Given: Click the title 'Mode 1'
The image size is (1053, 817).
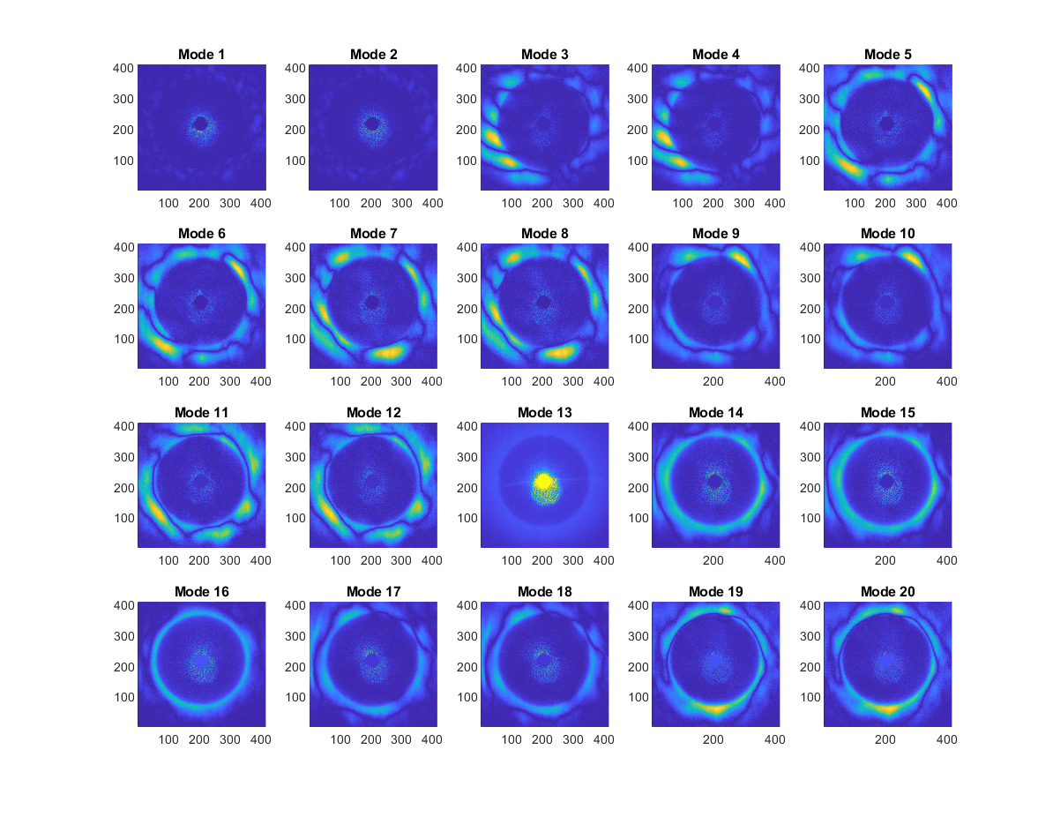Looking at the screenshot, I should (x=202, y=55).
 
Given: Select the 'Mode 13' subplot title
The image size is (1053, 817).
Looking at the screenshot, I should (x=545, y=413).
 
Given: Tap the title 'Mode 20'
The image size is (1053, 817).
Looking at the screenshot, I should (x=888, y=591).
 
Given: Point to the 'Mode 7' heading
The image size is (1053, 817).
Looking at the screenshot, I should (x=374, y=234).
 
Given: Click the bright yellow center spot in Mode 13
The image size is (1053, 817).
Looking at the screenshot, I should (x=544, y=482).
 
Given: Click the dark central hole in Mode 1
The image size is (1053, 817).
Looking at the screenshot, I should (x=201, y=124).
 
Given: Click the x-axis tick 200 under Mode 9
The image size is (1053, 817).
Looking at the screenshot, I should (x=713, y=381).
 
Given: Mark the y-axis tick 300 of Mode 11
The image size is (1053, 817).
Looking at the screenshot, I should (x=126, y=457).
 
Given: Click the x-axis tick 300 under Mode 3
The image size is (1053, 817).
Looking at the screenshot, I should (x=572, y=203).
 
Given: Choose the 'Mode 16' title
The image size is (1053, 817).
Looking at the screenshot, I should (x=202, y=591).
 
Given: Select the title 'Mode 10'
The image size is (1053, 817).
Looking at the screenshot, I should (x=888, y=234).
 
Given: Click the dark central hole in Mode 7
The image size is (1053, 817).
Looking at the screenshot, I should (x=372, y=303).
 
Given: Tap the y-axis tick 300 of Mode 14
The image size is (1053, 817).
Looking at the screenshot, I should (x=640, y=457).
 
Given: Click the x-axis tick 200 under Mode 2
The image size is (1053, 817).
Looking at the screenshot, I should (x=370, y=203).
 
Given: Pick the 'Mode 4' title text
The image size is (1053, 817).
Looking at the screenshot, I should (x=716, y=55).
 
